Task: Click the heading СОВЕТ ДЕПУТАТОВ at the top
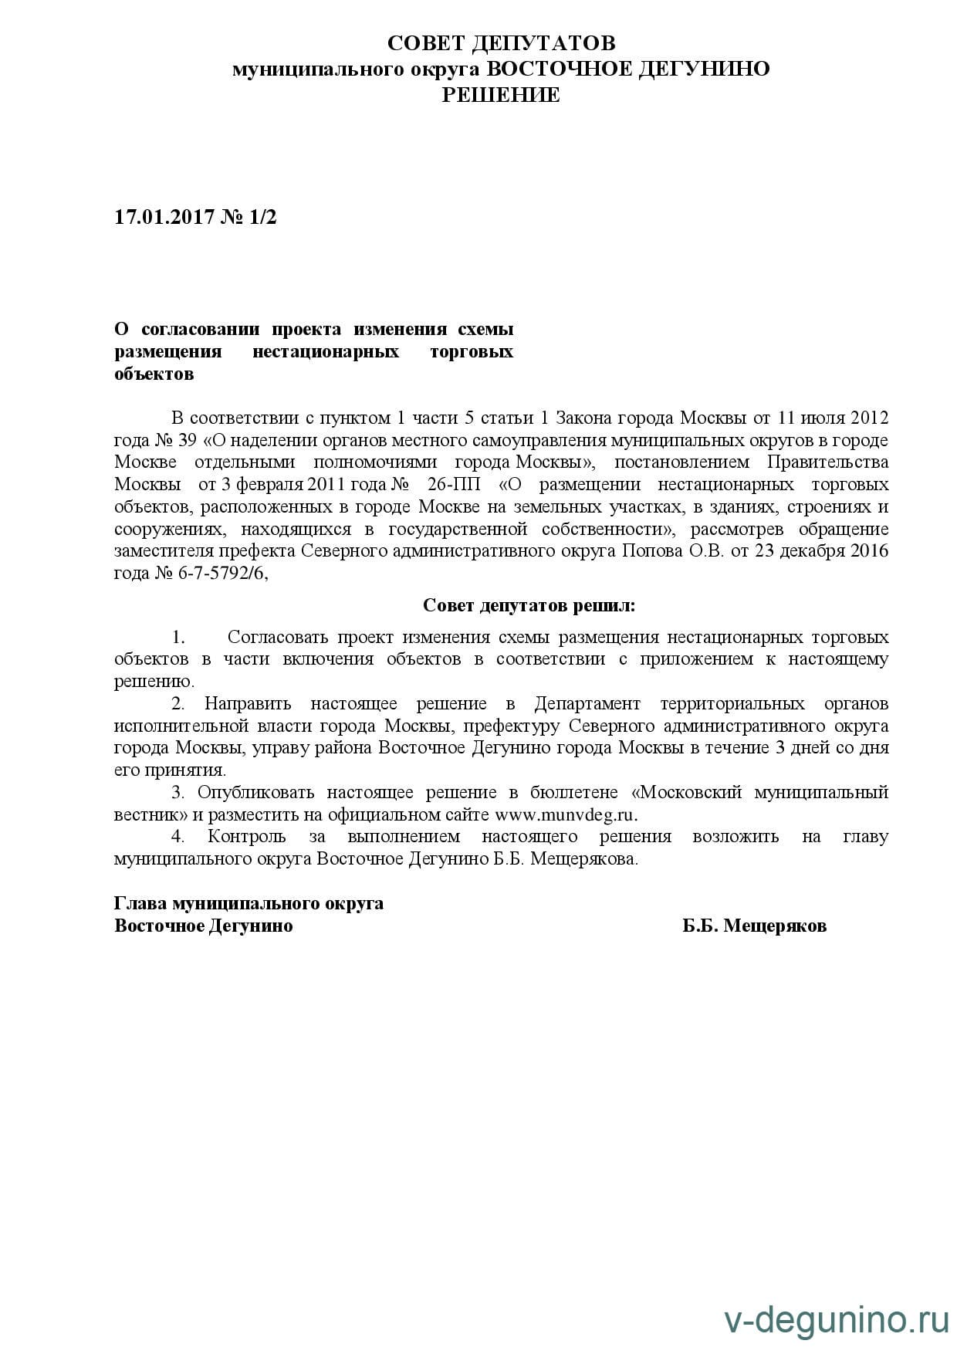tap(501, 42)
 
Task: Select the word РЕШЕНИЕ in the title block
tap(501, 95)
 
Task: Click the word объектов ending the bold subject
tap(154, 374)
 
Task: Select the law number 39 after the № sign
tap(187, 441)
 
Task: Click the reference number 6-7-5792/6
tap(222, 574)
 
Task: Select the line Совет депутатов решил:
tap(529, 605)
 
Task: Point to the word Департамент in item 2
tap(587, 704)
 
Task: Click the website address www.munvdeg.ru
tap(566, 815)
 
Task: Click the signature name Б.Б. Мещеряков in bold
tap(754, 926)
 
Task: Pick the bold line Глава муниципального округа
tap(249, 903)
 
